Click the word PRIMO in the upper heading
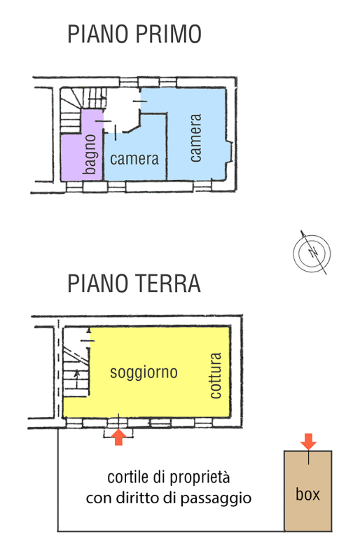point(168,34)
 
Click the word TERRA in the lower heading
point(167,283)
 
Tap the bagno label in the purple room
point(90,154)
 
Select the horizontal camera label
point(134,159)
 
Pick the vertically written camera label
point(195,138)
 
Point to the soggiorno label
point(144,372)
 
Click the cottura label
point(216,375)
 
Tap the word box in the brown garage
point(307,494)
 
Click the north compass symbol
point(312,253)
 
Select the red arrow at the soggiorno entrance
point(118,437)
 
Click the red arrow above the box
point(308,442)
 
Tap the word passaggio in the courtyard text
point(216,498)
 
